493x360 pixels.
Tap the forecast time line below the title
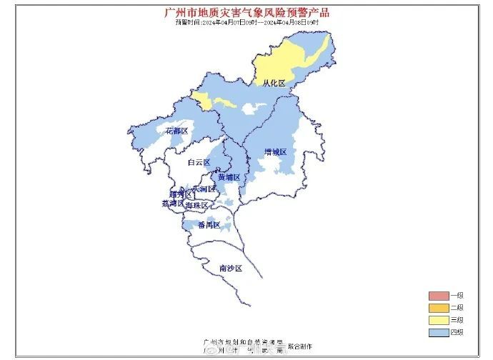click(246, 22)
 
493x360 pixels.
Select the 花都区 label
click(176, 131)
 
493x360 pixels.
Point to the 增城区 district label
click(275, 152)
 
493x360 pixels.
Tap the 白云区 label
click(199, 162)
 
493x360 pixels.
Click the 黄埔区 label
click(229, 176)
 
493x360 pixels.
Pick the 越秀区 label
click(179, 194)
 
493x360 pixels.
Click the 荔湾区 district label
click(172, 204)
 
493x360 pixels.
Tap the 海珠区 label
click(196, 206)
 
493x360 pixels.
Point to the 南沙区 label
click(231, 268)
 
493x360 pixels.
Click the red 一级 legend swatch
click(438, 296)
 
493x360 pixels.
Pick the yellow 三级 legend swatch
click(438, 320)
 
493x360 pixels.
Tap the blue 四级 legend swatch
click(438, 332)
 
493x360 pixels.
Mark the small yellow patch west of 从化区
click(204, 101)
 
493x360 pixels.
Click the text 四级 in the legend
click(457, 332)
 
